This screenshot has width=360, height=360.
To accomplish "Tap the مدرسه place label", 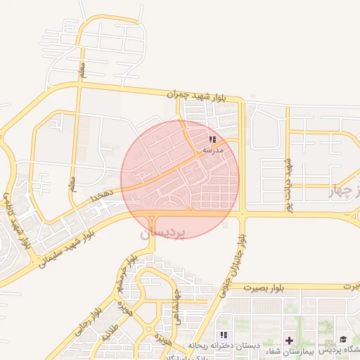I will click(212, 150).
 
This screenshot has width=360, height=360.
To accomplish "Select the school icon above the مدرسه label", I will click(212, 140).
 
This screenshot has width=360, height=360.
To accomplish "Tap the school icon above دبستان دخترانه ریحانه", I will click(224, 335).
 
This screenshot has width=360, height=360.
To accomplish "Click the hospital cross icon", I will click(289, 340).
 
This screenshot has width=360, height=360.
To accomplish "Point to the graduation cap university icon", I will click(343, 340).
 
